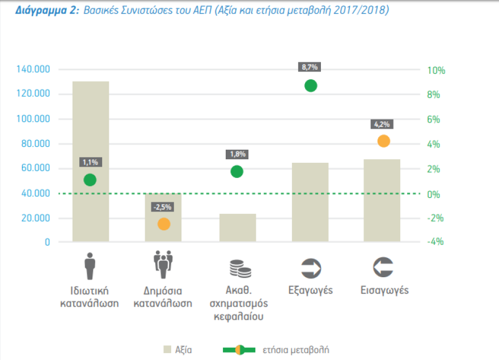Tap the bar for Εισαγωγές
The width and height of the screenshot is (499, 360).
click(382, 201)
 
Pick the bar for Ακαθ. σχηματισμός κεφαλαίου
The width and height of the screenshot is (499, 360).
click(238, 228)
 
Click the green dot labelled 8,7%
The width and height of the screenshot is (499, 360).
click(310, 86)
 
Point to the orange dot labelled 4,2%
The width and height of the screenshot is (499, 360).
click(383, 141)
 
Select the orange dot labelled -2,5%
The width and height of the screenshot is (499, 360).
click(163, 224)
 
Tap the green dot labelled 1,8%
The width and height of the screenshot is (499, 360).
click(237, 171)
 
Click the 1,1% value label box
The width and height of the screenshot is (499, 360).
click(90, 163)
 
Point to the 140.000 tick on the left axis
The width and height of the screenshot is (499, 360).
click(34, 70)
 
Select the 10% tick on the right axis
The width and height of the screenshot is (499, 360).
click(436, 70)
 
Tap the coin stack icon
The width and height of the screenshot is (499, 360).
click(237, 268)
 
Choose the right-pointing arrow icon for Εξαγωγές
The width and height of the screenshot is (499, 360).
click(310, 267)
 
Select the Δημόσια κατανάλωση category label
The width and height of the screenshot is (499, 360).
click(163, 297)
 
